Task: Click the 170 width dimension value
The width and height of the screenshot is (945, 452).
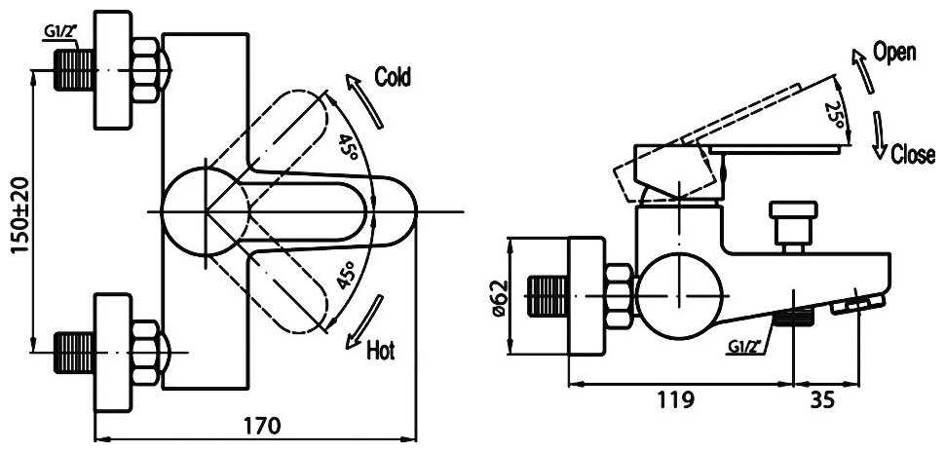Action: [x=264, y=426]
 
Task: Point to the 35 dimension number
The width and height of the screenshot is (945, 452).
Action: [x=822, y=399]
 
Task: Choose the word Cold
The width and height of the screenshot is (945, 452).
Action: [x=393, y=77]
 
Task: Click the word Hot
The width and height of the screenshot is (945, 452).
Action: [x=380, y=350]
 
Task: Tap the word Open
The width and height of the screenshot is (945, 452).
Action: [x=894, y=53]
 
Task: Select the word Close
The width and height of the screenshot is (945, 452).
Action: [x=913, y=154]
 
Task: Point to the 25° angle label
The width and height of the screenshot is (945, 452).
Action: [x=835, y=114]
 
